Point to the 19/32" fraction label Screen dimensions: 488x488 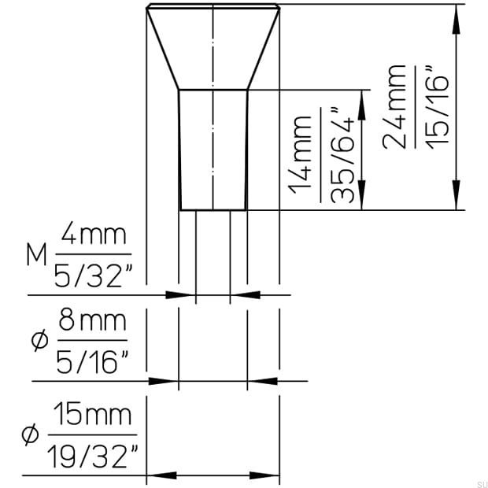pyautogui.click(x=92, y=454)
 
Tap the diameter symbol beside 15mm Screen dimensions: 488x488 pyautogui.click(x=31, y=434)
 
